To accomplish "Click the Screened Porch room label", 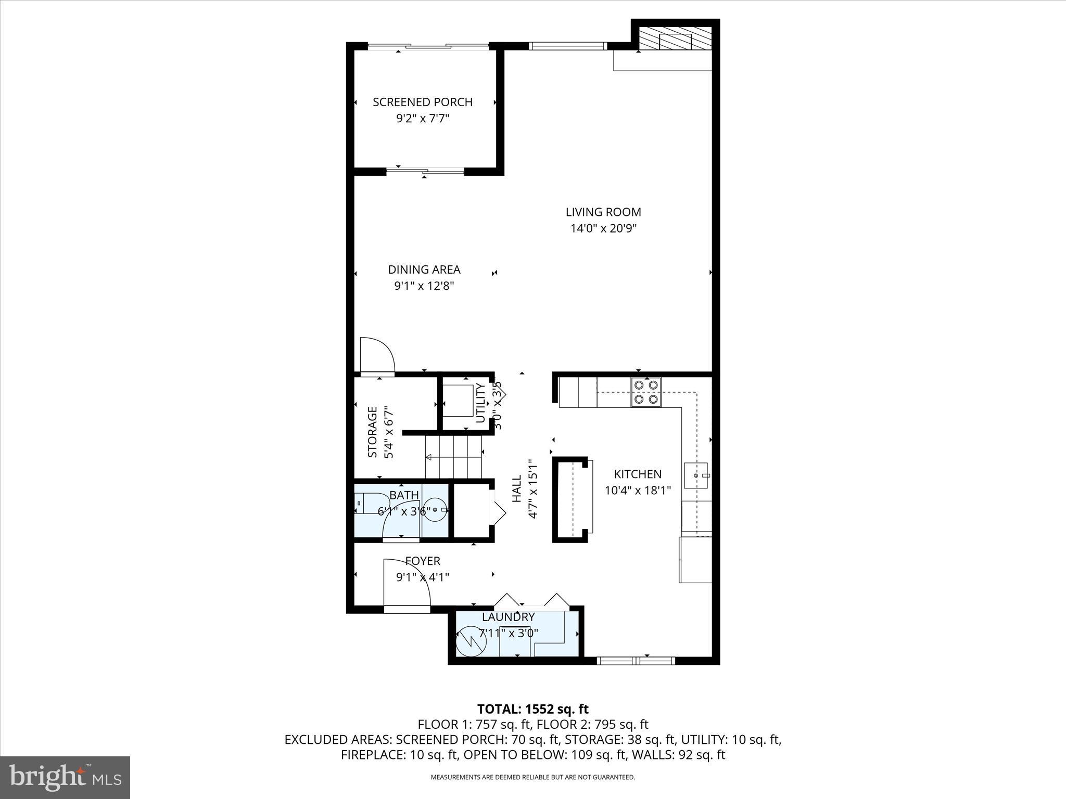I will (422, 102).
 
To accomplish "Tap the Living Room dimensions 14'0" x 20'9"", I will (603, 228).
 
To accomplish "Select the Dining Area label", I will (424, 269).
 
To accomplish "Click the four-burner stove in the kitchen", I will (646, 392).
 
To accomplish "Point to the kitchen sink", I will (696, 475).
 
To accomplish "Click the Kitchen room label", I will (637, 474).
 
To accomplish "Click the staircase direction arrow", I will (429, 458).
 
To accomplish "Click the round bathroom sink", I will (435, 509).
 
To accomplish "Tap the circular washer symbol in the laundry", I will (471, 643).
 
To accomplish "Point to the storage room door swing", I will (377, 355).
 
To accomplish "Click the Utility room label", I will (480, 403).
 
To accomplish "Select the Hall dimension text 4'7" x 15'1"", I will (532, 488).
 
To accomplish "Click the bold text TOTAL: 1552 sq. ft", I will (532, 709).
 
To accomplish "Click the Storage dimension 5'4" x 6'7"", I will (388, 432).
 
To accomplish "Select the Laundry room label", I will (508, 617).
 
